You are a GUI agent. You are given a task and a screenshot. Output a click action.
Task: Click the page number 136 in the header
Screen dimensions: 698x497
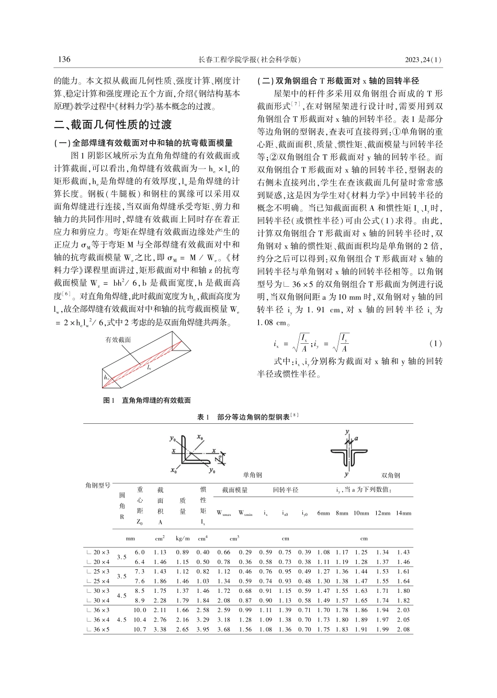click(63, 59)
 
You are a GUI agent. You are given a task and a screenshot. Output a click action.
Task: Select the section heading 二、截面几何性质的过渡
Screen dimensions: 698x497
click(113, 125)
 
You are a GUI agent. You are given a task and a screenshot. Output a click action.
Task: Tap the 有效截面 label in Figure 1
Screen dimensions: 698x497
click(119, 340)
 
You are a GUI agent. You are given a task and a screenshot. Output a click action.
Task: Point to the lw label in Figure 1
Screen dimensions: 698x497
click(150, 368)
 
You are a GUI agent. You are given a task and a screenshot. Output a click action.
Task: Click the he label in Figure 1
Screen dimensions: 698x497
click(106, 377)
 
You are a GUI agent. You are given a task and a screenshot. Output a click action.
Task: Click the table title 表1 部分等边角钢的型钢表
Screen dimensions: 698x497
click(248, 417)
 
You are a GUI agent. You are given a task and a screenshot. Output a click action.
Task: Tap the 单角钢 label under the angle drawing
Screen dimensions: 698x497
click(253, 475)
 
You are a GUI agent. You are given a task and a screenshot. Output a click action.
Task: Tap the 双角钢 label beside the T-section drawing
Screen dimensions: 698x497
click(391, 475)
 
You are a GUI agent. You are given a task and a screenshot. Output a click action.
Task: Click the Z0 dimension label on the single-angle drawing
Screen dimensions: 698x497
click(221, 458)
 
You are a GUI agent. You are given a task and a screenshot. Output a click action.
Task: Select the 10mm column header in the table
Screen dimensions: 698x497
click(361, 513)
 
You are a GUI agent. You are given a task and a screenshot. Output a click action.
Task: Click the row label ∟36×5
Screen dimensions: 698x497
click(98, 629)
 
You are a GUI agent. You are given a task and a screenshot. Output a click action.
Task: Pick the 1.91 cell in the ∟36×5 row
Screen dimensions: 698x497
click(361, 629)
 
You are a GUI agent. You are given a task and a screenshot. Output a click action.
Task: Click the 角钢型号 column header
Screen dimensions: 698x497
click(98, 485)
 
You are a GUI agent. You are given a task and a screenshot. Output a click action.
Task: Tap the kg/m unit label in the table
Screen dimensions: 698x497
click(183, 538)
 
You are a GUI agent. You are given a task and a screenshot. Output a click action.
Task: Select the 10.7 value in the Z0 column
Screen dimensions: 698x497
click(140, 629)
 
